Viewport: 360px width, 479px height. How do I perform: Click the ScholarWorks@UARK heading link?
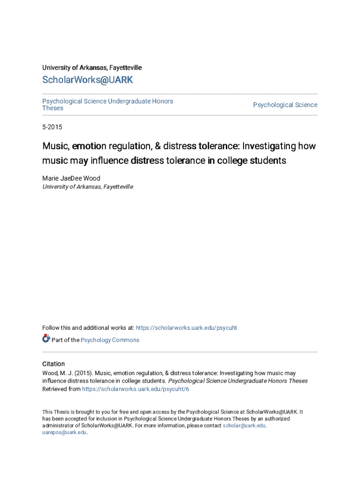point(87,80)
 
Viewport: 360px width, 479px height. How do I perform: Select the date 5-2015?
point(52,127)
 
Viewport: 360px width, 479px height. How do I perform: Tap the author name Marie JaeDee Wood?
point(71,178)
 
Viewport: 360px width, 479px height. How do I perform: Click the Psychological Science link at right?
point(285,105)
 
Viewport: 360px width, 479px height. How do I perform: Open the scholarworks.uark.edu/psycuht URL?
point(186,328)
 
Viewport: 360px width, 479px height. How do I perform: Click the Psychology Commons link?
point(110,340)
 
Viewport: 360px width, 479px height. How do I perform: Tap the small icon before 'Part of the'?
point(46,339)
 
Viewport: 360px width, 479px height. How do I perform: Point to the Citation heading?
point(54,364)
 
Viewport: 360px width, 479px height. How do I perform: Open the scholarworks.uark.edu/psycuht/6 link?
point(136,389)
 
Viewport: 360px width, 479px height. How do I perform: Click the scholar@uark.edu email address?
point(245,426)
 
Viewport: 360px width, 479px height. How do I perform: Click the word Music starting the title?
point(55,146)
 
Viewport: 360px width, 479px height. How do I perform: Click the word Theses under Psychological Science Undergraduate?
point(53,108)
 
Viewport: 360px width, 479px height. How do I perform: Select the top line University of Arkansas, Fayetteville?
point(92,68)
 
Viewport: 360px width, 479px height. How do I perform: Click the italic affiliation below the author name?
point(88,187)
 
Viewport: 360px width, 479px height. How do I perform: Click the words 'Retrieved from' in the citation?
point(61,389)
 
